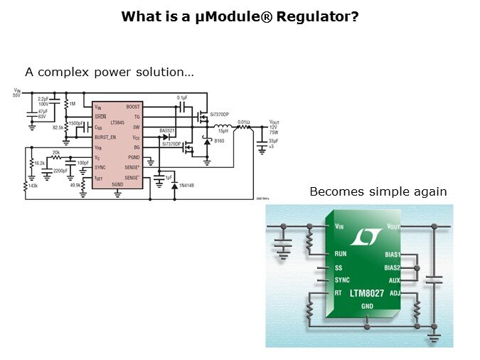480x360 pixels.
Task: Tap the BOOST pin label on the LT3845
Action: click(x=132, y=107)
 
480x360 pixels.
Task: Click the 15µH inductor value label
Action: click(x=223, y=131)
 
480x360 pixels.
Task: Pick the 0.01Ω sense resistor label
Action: click(x=243, y=122)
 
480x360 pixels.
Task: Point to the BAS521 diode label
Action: click(x=167, y=131)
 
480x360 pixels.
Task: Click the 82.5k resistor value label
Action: click(x=56, y=127)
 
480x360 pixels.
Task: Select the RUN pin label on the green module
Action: click(x=341, y=253)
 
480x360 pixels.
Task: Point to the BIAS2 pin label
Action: click(x=393, y=268)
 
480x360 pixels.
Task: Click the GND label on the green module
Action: click(x=367, y=307)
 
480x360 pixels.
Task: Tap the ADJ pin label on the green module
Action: click(x=395, y=292)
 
